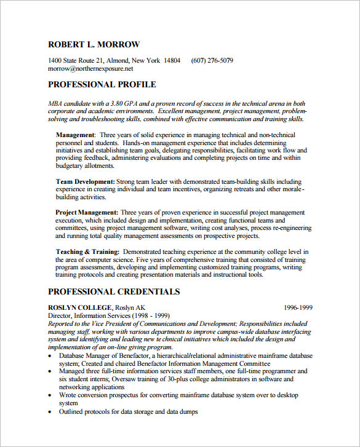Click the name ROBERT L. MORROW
click(94, 44)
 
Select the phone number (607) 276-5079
click(212, 60)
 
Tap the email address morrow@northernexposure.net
click(90, 69)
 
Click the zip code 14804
click(172, 60)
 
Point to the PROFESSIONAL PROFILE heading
click(102, 85)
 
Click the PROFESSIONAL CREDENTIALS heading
click(113, 292)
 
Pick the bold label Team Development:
click(86, 182)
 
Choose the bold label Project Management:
click(87, 212)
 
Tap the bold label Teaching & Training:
click(87, 251)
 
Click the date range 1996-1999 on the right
click(298, 307)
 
